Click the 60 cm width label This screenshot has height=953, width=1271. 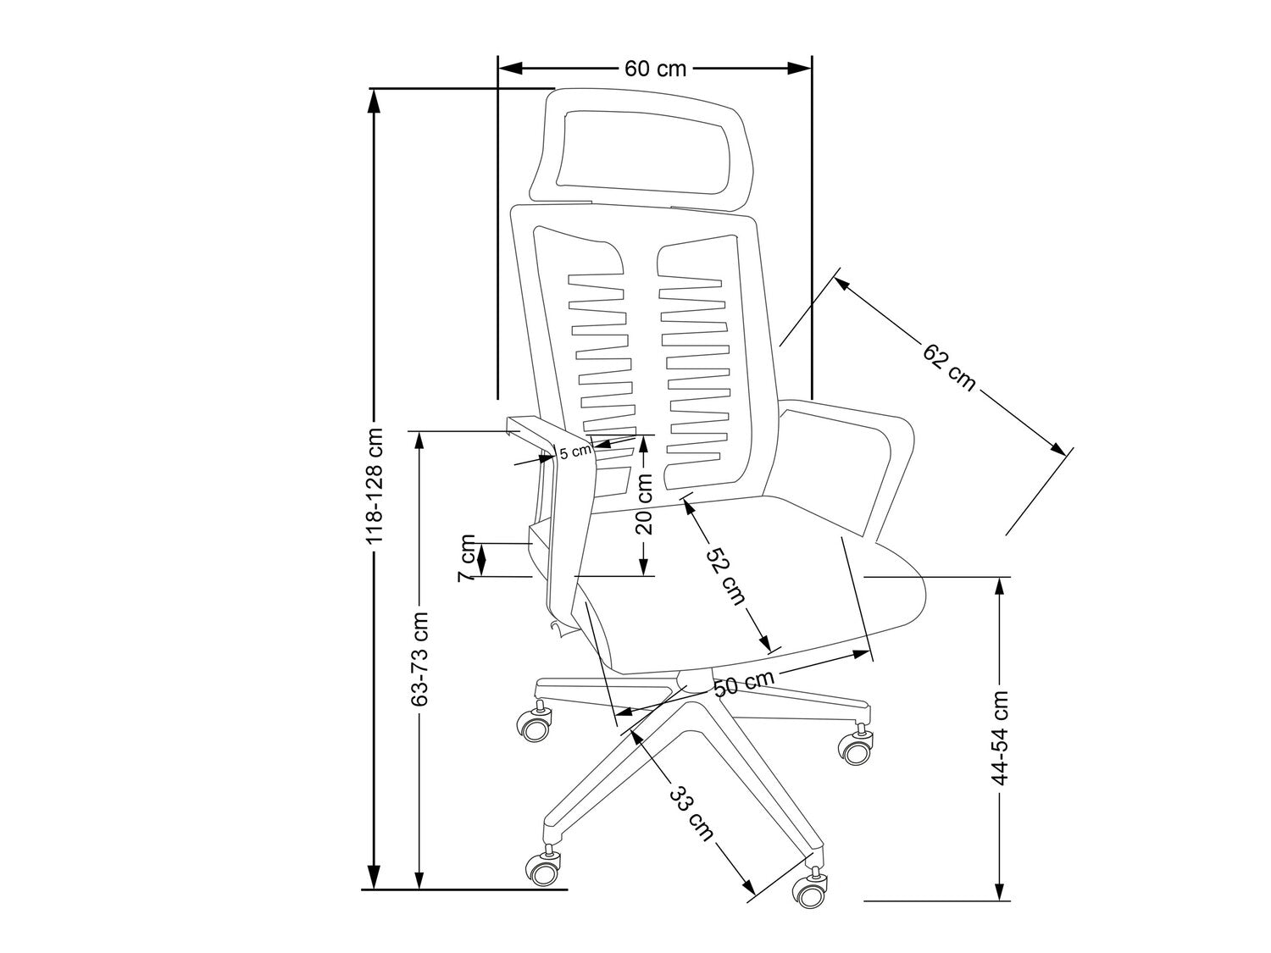click(655, 69)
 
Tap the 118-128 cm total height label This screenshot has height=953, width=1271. click(374, 485)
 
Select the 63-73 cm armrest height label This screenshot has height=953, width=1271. click(419, 658)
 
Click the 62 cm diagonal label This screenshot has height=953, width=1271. click(949, 366)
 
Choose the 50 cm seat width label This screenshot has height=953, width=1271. click(743, 683)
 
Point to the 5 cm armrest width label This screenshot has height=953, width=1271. click(574, 451)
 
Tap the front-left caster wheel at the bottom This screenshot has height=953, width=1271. click(542, 869)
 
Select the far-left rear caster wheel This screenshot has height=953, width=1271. click(535, 726)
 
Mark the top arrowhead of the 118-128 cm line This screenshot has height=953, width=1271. click(374, 98)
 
